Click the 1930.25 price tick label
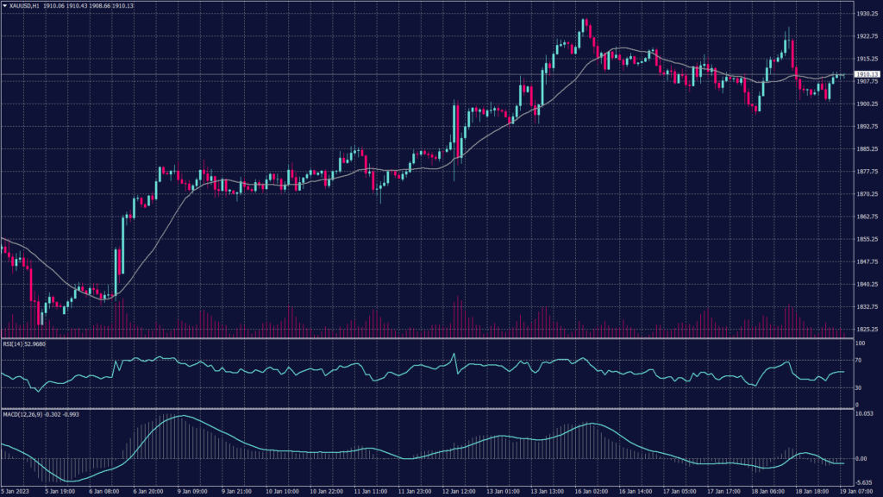[x=867, y=14]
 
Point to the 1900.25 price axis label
[x=867, y=104]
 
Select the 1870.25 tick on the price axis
[x=867, y=194]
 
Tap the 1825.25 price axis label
[x=867, y=329]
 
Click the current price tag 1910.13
[x=866, y=74]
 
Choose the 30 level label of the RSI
[x=859, y=386]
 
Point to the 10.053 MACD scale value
[x=865, y=413]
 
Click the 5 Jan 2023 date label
[x=16, y=491]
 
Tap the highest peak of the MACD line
[x=181, y=416]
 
